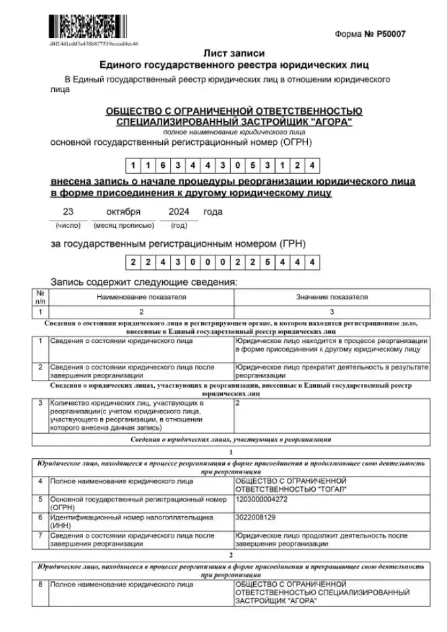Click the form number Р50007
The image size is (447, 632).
click(x=392, y=33)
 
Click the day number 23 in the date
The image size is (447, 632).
click(x=67, y=212)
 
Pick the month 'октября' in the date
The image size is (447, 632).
click(x=123, y=212)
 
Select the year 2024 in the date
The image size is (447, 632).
click(x=179, y=212)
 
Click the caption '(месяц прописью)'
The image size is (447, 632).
click(x=123, y=225)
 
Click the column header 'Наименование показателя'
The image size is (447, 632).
click(x=141, y=297)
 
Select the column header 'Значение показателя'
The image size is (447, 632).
click(x=332, y=297)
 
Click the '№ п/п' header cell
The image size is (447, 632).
click(x=40, y=297)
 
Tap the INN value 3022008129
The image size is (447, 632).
click(x=255, y=517)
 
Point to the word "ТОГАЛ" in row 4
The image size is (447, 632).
click(x=329, y=490)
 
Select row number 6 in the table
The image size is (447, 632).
click(x=40, y=517)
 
